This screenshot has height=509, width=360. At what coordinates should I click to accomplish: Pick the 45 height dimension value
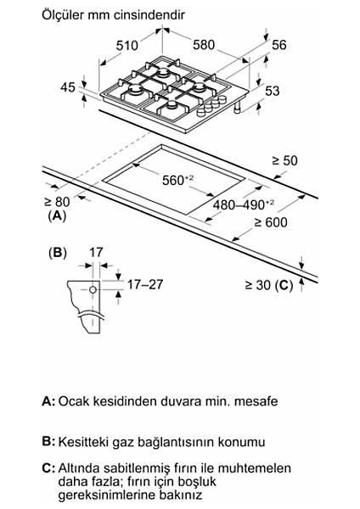coord(69,87)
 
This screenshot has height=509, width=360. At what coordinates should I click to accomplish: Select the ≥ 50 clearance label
coord(284,160)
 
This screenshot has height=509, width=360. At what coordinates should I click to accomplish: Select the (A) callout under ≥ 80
coord(57,216)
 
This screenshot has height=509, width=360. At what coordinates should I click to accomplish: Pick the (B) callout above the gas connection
coord(57,252)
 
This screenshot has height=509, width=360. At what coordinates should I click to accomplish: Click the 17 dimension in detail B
coord(95,252)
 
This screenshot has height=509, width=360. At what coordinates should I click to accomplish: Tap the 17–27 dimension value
coord(143,284)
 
